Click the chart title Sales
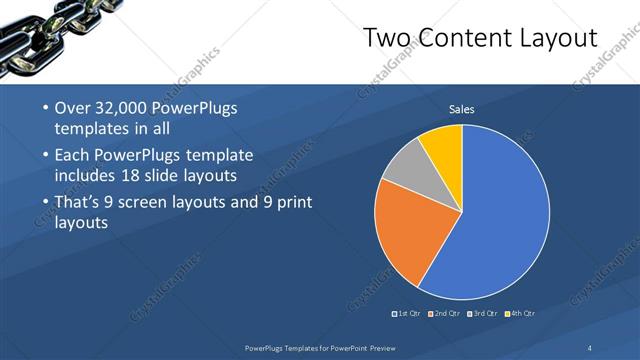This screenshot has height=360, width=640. [x=462, y=109]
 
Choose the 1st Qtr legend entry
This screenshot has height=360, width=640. [x=406, y=314]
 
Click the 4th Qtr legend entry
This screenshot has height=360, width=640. [x=521, y=314]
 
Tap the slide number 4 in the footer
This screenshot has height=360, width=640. [x=590, y=347]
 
